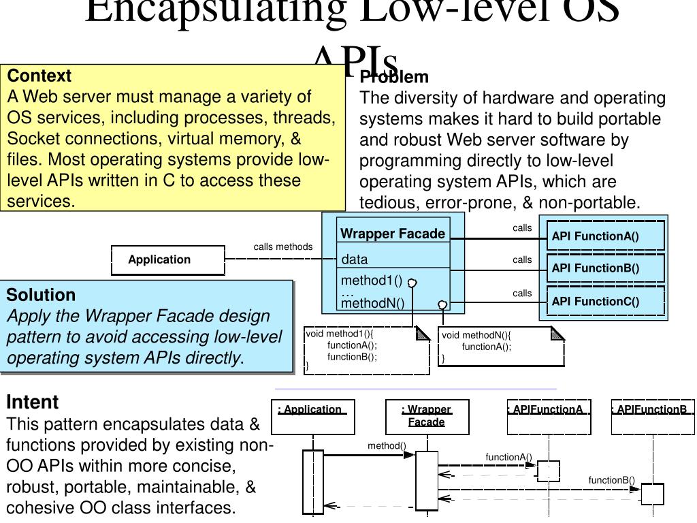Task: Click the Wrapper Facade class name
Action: tap(393, 234)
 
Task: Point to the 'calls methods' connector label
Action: tap(283, 247)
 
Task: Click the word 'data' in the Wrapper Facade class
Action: tap(355, 259)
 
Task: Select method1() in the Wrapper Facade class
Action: tap(372, 281)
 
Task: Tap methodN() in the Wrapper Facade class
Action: tap(373, 303)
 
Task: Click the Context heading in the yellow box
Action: tap(39, 76)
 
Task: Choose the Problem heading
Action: tap(395, 77)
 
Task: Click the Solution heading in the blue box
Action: tap(41, 295)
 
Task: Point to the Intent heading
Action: tap(33, 402)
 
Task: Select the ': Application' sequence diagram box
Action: tap(312, 417)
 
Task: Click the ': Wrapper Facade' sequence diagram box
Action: tap(426, 416)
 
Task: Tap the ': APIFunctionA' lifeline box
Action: tap(549, 416)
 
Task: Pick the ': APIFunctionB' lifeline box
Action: tap(653, 416)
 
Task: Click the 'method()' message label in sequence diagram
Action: tap(387, 446)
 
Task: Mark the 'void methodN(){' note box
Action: tap(501, 346)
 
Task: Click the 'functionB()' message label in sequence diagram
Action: tap(611, 480)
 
